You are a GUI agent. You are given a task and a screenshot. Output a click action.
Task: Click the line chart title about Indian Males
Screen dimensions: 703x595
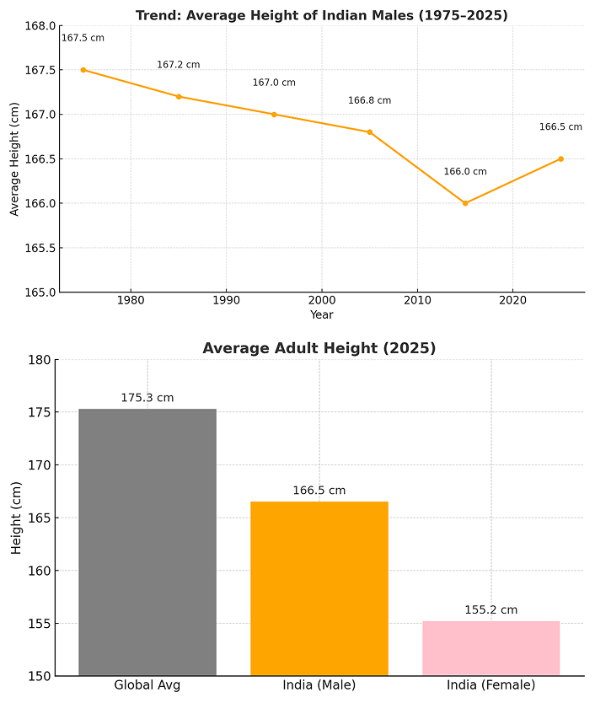[x=321, y=15]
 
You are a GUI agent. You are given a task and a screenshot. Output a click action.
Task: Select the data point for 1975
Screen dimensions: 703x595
[x=83, y=70]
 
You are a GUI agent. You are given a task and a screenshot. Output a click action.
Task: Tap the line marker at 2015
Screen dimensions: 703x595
[x=464, y=203]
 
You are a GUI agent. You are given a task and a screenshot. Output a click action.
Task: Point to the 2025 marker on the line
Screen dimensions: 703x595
[x=560, y=158]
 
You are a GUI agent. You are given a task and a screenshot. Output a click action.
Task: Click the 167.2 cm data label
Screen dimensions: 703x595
[x=178, y=65]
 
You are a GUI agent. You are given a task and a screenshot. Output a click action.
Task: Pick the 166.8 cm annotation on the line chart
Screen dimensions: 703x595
[x=369, y=101]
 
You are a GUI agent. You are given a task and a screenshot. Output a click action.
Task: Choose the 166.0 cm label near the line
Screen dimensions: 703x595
[x=465, y=172]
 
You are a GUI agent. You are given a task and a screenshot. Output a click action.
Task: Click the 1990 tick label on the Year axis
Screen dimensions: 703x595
[x=226, y=300]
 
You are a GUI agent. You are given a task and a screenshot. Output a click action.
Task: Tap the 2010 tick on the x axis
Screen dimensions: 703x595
[x=417, y=300]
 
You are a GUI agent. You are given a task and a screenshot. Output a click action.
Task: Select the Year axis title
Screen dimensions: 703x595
[x=321, y=315]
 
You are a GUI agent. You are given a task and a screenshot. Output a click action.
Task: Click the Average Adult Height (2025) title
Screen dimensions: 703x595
[x=319, y=348]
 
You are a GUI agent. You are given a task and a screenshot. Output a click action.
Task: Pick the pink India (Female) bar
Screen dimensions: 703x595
[x=490, y=648]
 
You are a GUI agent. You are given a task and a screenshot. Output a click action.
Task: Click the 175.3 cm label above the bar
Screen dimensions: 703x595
[x=147, y=398]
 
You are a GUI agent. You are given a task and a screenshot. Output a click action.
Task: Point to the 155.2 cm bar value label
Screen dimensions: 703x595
[x=490, y=610]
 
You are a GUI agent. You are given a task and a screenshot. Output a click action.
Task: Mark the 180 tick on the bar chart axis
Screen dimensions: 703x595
[x=40, y=360]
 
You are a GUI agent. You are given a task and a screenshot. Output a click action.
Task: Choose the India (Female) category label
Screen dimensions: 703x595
[x=490, y=685]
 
